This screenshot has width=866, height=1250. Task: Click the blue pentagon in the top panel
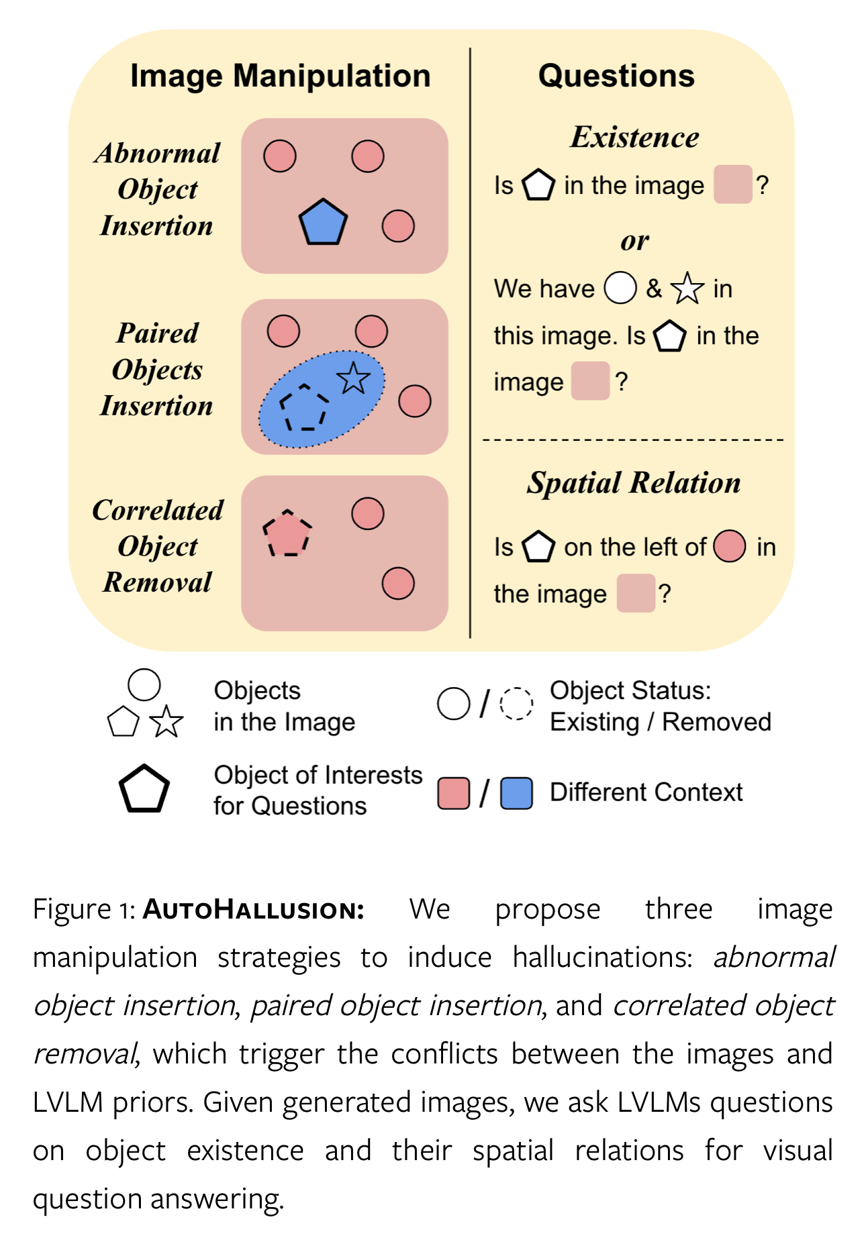[x=323, y=222]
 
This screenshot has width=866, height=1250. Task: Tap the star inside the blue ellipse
[x=353, y=379]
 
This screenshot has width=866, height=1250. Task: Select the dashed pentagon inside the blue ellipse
[x=304, y=407]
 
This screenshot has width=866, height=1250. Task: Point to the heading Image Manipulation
[x=280, y=76]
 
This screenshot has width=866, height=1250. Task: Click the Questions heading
[x=616, y=76]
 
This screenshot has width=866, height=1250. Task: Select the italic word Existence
[x=634, y=138]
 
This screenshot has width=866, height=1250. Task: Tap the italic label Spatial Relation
[x=634, y=483]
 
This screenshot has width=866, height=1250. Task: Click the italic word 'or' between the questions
[x=634, y=241]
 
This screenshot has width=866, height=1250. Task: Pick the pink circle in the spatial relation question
[x=730, y=546]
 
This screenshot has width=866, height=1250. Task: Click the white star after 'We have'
[x=687, y=289]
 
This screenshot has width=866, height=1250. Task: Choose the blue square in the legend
[x=517, y=793]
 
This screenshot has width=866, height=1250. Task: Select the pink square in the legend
[x=453, y=793]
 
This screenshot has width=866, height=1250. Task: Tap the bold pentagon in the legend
[x=144, y=790]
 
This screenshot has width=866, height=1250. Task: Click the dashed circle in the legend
[x=517, y=704]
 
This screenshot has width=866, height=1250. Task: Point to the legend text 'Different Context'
[x=646, y=792]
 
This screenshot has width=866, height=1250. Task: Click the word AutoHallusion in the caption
[x=254, y=910]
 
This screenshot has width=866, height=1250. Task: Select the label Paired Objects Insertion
[x=157, y=370]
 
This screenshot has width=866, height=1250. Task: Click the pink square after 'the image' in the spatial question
[x=636, y=593]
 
